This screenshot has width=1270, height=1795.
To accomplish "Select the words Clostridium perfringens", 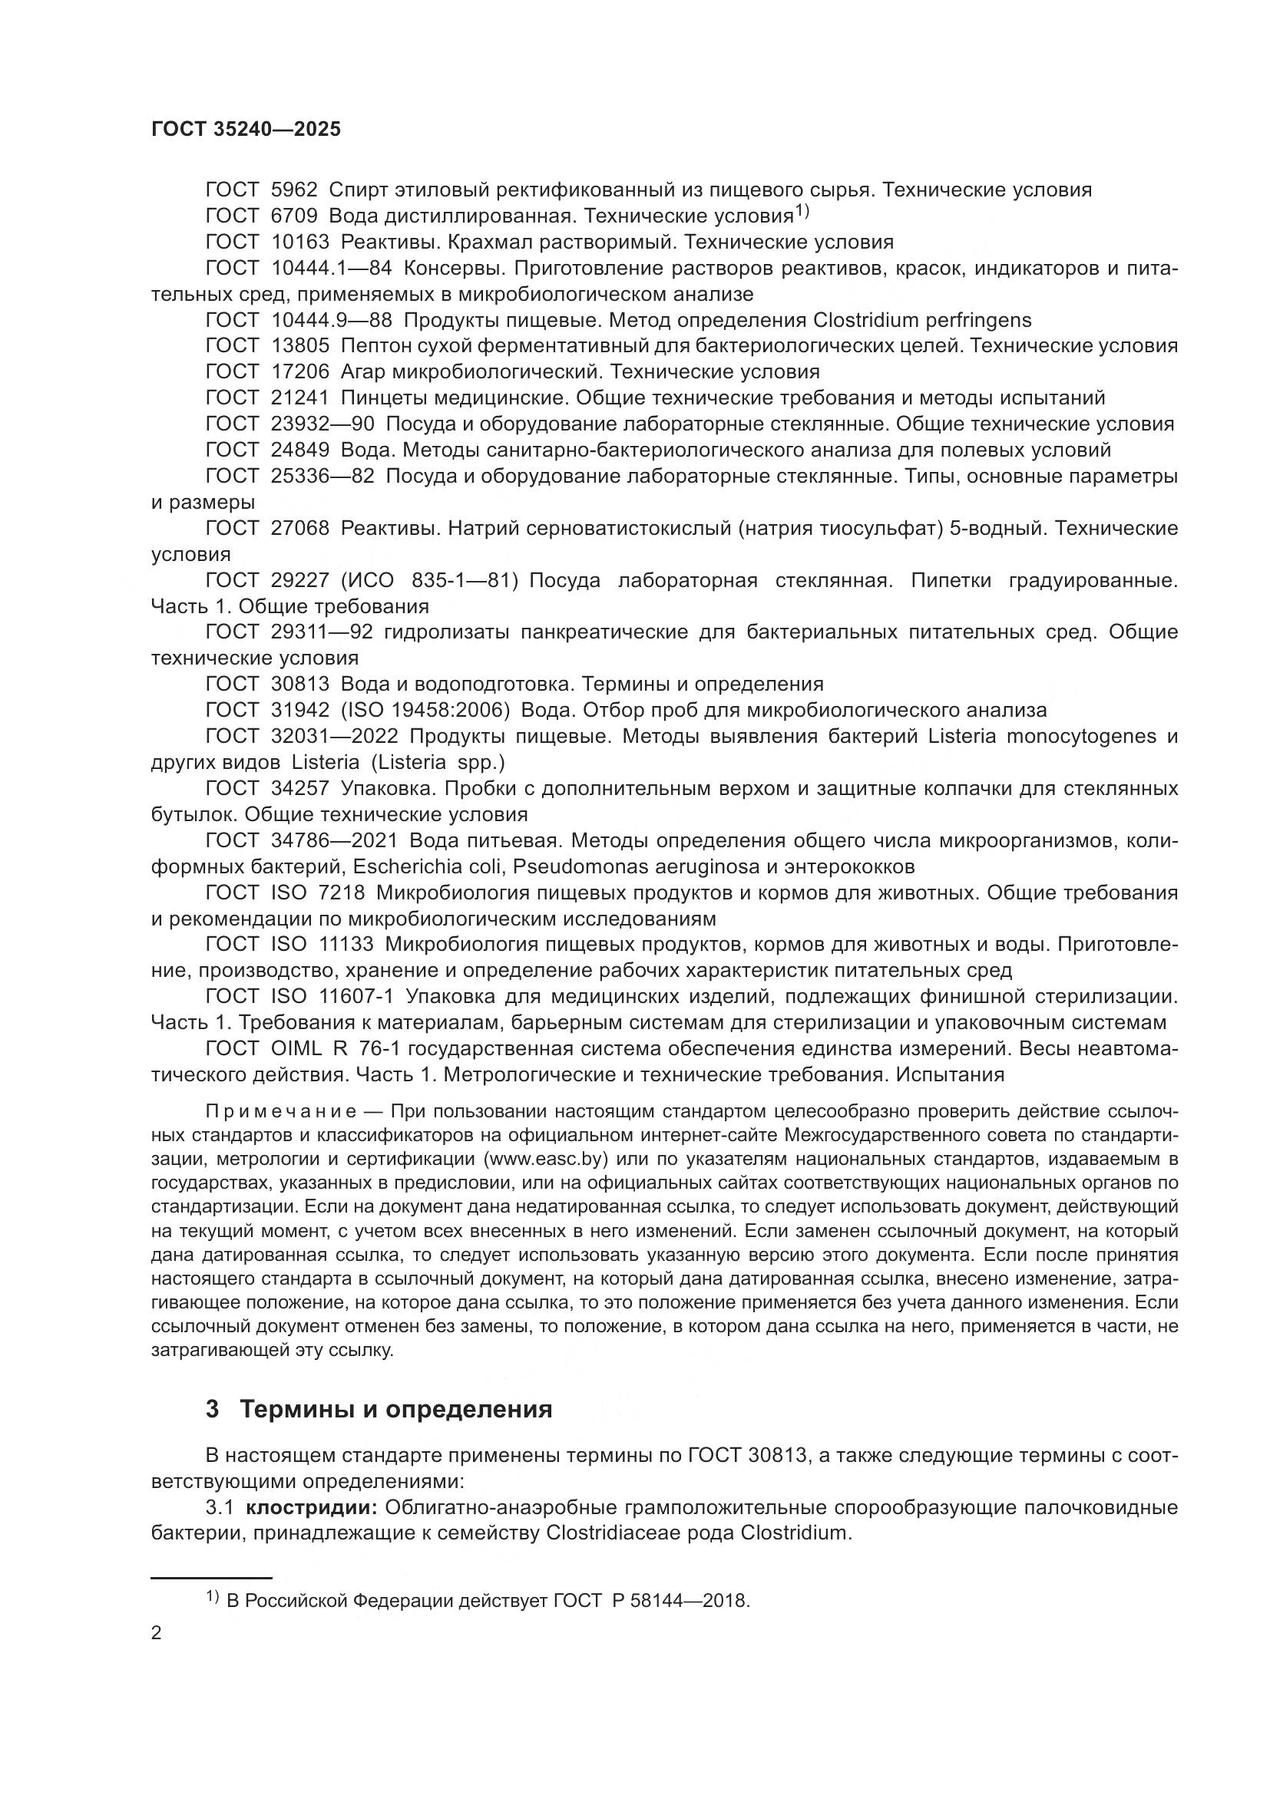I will [922, 320].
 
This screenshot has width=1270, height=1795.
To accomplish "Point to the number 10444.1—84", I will [331, 268].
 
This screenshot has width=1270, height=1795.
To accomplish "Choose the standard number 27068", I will [299, 529].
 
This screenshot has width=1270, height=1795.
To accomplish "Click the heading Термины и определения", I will [395, 1410].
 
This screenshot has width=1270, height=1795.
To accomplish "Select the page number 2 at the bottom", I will [157, 1634].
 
